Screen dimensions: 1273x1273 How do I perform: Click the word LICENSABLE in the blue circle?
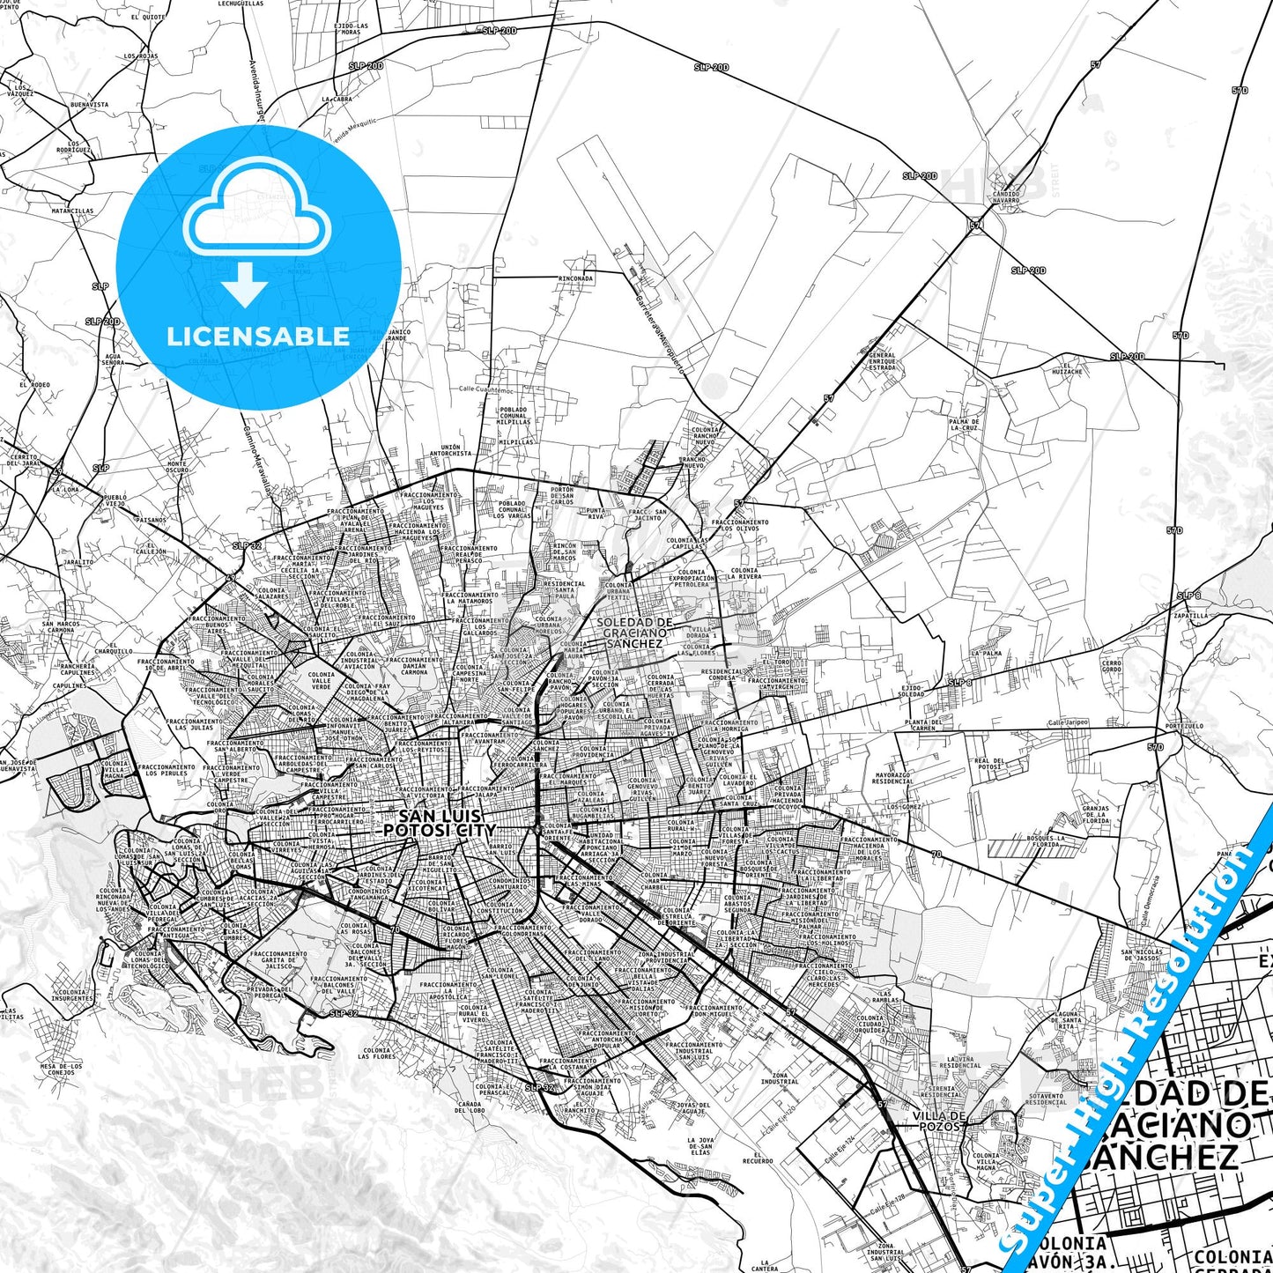pyautogui.click(x=257, y=337)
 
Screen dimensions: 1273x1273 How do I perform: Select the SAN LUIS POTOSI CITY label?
pyautogui.click(x=440, y=824)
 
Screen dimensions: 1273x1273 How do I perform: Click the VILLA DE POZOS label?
pyautogui.click(x=940, y=1121)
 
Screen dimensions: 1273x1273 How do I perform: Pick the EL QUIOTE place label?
pyautogui.click(x=147, y=17)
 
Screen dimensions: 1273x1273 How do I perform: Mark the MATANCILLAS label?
pyautogui.click(x=72, y=211)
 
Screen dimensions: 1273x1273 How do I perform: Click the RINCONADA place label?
pyautogui.click(x=575, y=278)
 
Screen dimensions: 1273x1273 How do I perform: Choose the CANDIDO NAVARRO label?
pyautogui.click(x=1005, y=196)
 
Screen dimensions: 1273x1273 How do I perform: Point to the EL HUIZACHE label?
pyautogui.click(x=1066, y=368)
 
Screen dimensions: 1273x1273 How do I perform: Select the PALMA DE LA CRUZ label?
pyautogui.click(x=964, y=425)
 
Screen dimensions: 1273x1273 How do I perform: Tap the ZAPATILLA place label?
pyautogui.click(x=1190, y=616)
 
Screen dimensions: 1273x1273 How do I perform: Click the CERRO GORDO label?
pyautogui.click(x=1112, y=666)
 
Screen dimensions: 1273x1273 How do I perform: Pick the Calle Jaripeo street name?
pyautogui.click(x=1068, y=722)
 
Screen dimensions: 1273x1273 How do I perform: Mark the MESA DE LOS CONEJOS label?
pyautogui.click(x=61, y=1069)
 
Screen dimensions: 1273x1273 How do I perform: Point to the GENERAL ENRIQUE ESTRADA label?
pyautogui.click(x=882, y=361)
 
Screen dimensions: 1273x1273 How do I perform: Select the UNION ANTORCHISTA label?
pyautogui.click(x=450, y=450)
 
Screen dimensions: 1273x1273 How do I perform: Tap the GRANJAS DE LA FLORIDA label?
pyautogui.click(x=1096, y=814)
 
